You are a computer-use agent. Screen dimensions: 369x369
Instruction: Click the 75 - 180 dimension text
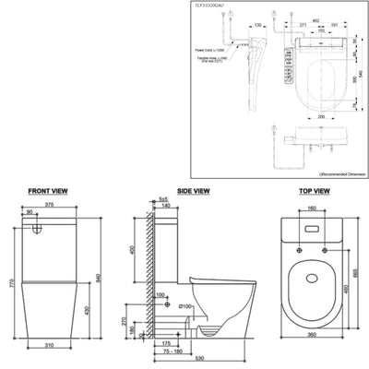[168, 351]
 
